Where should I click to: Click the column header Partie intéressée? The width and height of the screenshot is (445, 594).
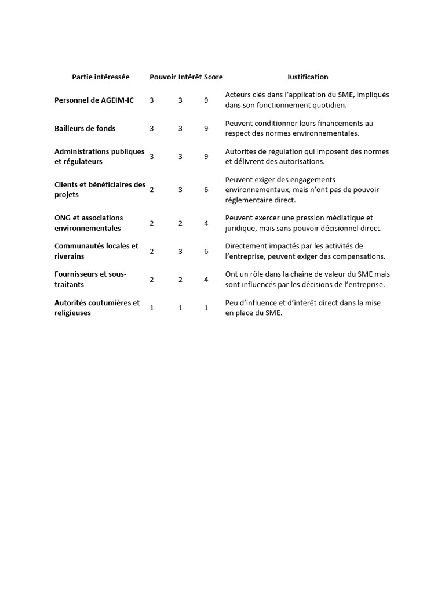pyautogui.click(x=101, y=77)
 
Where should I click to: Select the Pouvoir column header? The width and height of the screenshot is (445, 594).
pyautogui.click(x=162, y=77)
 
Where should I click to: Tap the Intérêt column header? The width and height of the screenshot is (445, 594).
pyautogui.click(x=190, y=77)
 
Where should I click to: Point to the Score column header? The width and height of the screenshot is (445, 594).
pyautogui.click(x=213, y=77)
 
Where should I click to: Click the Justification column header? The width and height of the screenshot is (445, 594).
pyautogui.click(x=307, y=77)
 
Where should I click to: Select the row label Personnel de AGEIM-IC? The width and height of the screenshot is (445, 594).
pyautogui.click(x=94, y=100)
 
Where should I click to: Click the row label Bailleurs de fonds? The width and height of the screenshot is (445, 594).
pyautogui.click(x=85, y=128)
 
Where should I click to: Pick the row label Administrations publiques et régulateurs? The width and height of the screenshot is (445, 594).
pyautogui.click(x=100, y=157)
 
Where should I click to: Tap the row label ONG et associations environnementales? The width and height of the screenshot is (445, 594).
pyautogui.click(x=89, y=223)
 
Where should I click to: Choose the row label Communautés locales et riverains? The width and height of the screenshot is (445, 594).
pyautogui.click(x=96, y=251)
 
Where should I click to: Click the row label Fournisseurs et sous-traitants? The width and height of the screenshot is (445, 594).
pyautogui.click(x=90, y=279)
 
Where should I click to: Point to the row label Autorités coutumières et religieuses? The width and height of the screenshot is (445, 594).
pyautogui.click(x=97, y=307)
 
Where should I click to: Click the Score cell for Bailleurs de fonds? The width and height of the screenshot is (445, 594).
pyautogui.click(x=206, y=128)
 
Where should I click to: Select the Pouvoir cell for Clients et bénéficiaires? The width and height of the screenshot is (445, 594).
pyautogui.click(x=152, y=190)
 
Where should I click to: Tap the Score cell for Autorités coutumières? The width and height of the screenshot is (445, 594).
pyautogui.click(x=206, y=308)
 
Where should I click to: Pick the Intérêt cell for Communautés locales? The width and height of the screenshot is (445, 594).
pyautogui.click(x=180, y=251)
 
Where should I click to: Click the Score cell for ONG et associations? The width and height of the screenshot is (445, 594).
pyautogui.click(x=206, y=223)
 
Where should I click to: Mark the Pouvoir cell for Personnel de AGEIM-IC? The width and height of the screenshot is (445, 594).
pyautogui.click(x=152, y=100)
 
